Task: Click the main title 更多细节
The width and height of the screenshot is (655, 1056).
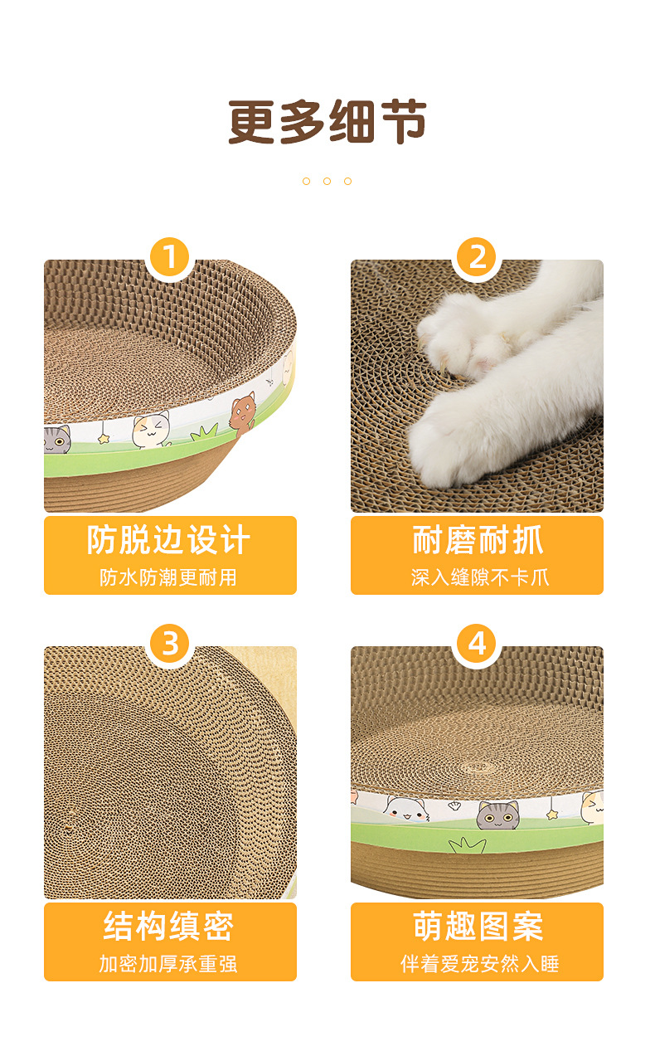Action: point(327,122)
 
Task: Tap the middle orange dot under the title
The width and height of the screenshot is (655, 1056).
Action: point(327,181)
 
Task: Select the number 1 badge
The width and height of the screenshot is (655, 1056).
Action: point(170,258)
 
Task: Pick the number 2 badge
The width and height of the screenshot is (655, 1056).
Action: point(477,258)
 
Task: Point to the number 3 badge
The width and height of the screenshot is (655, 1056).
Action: point(170,645)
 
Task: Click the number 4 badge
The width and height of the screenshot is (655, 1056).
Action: point(477,645)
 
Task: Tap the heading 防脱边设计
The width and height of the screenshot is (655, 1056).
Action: point(169,540)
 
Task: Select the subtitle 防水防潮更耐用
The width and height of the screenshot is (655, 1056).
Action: point(169,577)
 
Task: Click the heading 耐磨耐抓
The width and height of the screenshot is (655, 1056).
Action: point(477,540)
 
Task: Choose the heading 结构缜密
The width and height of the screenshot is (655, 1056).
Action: point(169,927)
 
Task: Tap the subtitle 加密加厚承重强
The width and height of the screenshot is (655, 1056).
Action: point(169,964)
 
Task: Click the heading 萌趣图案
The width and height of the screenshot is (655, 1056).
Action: point(477,927)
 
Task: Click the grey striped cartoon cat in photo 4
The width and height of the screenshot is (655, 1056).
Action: point(497,815)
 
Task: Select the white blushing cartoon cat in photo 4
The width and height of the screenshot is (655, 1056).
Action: point(405,809)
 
